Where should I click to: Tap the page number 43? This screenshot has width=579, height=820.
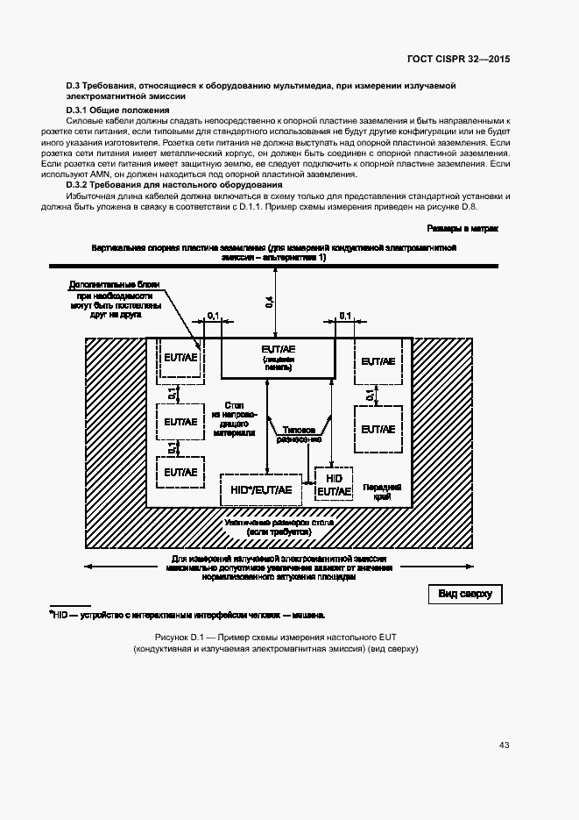(504, 745)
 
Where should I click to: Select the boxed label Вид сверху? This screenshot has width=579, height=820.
(464, 595)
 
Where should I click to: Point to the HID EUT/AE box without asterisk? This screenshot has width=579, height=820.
(333, 484)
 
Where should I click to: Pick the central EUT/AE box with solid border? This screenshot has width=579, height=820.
(278, 355)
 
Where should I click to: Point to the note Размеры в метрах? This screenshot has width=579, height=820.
(463, 228)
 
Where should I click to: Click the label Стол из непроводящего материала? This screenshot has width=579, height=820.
(233, 418)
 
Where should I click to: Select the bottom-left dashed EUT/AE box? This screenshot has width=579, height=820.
(180, 472)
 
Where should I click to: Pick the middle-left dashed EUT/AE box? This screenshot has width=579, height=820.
(180, 422)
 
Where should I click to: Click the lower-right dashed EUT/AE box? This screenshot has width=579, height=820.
(378, 429)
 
